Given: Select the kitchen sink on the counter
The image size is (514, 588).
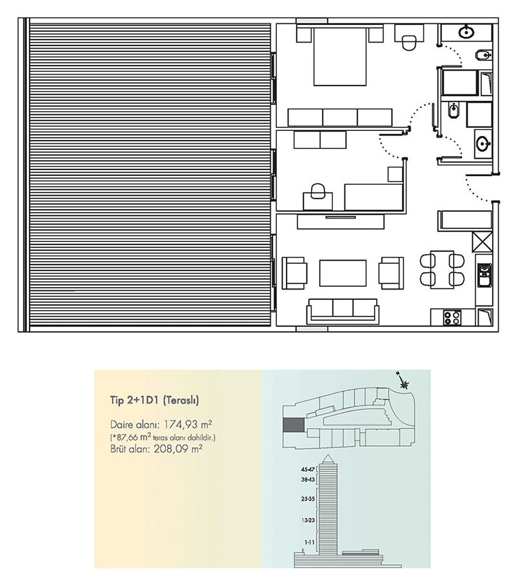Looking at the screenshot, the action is (x=484, y=275).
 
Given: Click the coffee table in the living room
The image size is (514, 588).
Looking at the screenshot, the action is (x=343, y=273).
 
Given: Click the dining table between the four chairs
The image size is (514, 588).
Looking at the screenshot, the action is (x=442, y=269).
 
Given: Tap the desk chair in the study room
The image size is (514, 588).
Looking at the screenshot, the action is (x=317, y=191).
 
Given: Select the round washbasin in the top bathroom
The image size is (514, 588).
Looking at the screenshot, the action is (x=466, y=32).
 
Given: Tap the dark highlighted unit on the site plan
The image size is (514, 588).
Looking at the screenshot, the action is (x=293, y=425).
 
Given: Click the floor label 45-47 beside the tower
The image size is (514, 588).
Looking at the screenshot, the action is (x=308, y=469).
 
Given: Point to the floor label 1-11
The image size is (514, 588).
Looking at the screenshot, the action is (x=310, y=542).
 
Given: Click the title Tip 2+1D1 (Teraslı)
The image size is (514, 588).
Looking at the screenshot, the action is (x=154, y=400).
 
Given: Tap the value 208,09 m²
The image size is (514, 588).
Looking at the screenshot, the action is (x=178, y=449).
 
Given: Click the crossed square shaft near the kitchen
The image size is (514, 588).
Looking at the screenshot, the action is (x=482, y=242).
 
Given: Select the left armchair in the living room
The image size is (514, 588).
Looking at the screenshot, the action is (x=294, y=273).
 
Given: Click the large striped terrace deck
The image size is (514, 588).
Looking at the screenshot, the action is (x=150, y=175).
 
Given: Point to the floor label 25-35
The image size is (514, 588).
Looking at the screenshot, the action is (x=308, y=499).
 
